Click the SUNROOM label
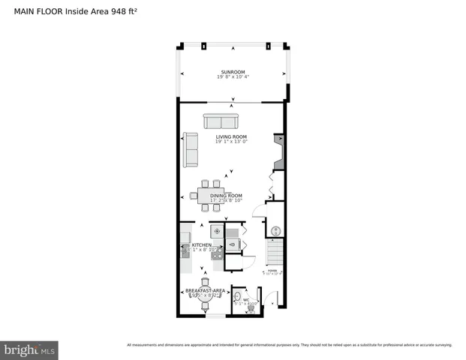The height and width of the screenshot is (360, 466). [232, 72]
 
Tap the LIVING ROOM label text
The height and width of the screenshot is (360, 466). [232, 136]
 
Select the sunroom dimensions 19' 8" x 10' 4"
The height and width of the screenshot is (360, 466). [232, 77]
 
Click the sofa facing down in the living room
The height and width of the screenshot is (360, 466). [221, 122]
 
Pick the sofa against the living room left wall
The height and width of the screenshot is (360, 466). [191, 151]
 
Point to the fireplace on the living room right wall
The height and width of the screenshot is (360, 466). [280, 154]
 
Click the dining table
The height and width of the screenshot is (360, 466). [209, 194]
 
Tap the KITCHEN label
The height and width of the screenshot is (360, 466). [201, 245]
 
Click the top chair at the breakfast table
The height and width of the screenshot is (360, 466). [205, 282]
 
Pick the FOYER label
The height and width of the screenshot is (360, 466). [272, 271]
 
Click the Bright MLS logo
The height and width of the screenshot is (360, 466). [29, 350]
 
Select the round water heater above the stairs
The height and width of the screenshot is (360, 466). [275, 230]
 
